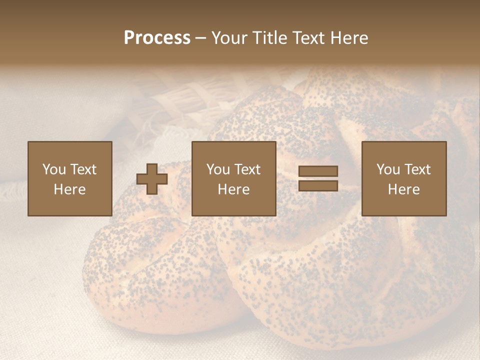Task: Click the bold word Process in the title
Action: pos(157,38)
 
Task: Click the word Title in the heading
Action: pos(269,38)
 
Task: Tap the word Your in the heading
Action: pos(230,38)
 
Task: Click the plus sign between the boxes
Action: pos(152,179)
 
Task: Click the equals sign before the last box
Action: pos(318,178)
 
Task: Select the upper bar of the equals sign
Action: pos(318,171)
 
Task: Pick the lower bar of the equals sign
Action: pos(318,185)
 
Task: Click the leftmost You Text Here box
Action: pos(70,178)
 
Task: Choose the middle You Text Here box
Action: pos(234,178)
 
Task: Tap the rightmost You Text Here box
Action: pos(404,178)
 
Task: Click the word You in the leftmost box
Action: pos(54,169)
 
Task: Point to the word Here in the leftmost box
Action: pos(70,189)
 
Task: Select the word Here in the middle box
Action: pos(234,189)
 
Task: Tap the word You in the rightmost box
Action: pos(388,169)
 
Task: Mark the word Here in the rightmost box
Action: pos(404,189)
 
